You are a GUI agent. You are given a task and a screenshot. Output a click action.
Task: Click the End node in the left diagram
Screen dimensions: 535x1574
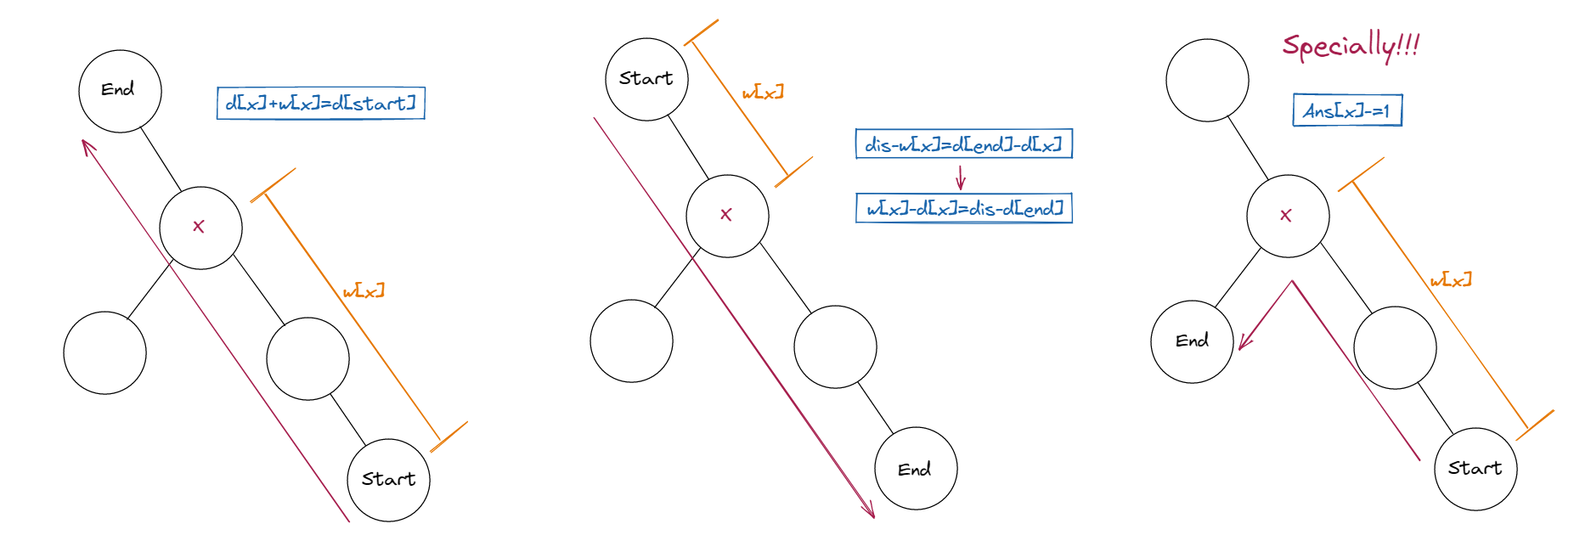[x=120, y=91]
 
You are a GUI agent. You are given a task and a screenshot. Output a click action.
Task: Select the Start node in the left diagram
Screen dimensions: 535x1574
[x=389, y=480]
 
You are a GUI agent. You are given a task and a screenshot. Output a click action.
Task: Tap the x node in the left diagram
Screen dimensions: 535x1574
[x=200, y=228]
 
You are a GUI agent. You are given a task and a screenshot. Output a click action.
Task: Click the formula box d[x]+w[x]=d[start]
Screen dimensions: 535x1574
[x=320, y=104]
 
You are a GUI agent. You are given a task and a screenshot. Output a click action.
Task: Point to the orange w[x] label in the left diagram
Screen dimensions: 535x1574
[x=364, y=291]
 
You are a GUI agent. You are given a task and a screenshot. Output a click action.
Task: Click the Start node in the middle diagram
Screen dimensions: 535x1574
[x=646, y=79]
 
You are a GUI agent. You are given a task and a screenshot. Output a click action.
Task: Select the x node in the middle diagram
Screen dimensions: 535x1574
[x=727, y=216]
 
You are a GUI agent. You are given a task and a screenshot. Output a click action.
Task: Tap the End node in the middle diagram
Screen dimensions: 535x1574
[x=916, y=469]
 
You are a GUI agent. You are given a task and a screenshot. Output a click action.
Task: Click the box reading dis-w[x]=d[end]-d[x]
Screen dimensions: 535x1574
[x=963, y=144]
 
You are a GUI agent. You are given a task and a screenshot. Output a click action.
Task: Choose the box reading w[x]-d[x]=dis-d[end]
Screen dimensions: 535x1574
[x=963, y=208]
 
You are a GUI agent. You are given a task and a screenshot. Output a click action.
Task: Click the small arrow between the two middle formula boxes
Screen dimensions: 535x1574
[x=961, y=177]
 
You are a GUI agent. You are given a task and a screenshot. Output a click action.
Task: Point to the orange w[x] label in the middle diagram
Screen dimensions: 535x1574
[x=763, y=92]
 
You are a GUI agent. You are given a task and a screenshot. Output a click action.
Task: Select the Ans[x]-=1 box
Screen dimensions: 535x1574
[x=1347, y=110]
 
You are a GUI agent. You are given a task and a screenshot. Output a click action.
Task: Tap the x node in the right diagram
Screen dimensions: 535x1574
[x=1288, y=216]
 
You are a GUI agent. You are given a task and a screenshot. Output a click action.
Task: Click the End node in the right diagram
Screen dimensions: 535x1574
[x=1192, y=341]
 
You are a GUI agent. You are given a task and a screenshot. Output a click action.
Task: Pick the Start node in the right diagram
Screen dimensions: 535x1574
[x=1475, y=469]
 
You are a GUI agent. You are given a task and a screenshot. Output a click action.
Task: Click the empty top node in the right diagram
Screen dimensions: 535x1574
[x=1207, y=80]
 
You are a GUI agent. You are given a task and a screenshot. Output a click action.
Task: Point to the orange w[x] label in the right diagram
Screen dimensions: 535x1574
[x=1451, y=280]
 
